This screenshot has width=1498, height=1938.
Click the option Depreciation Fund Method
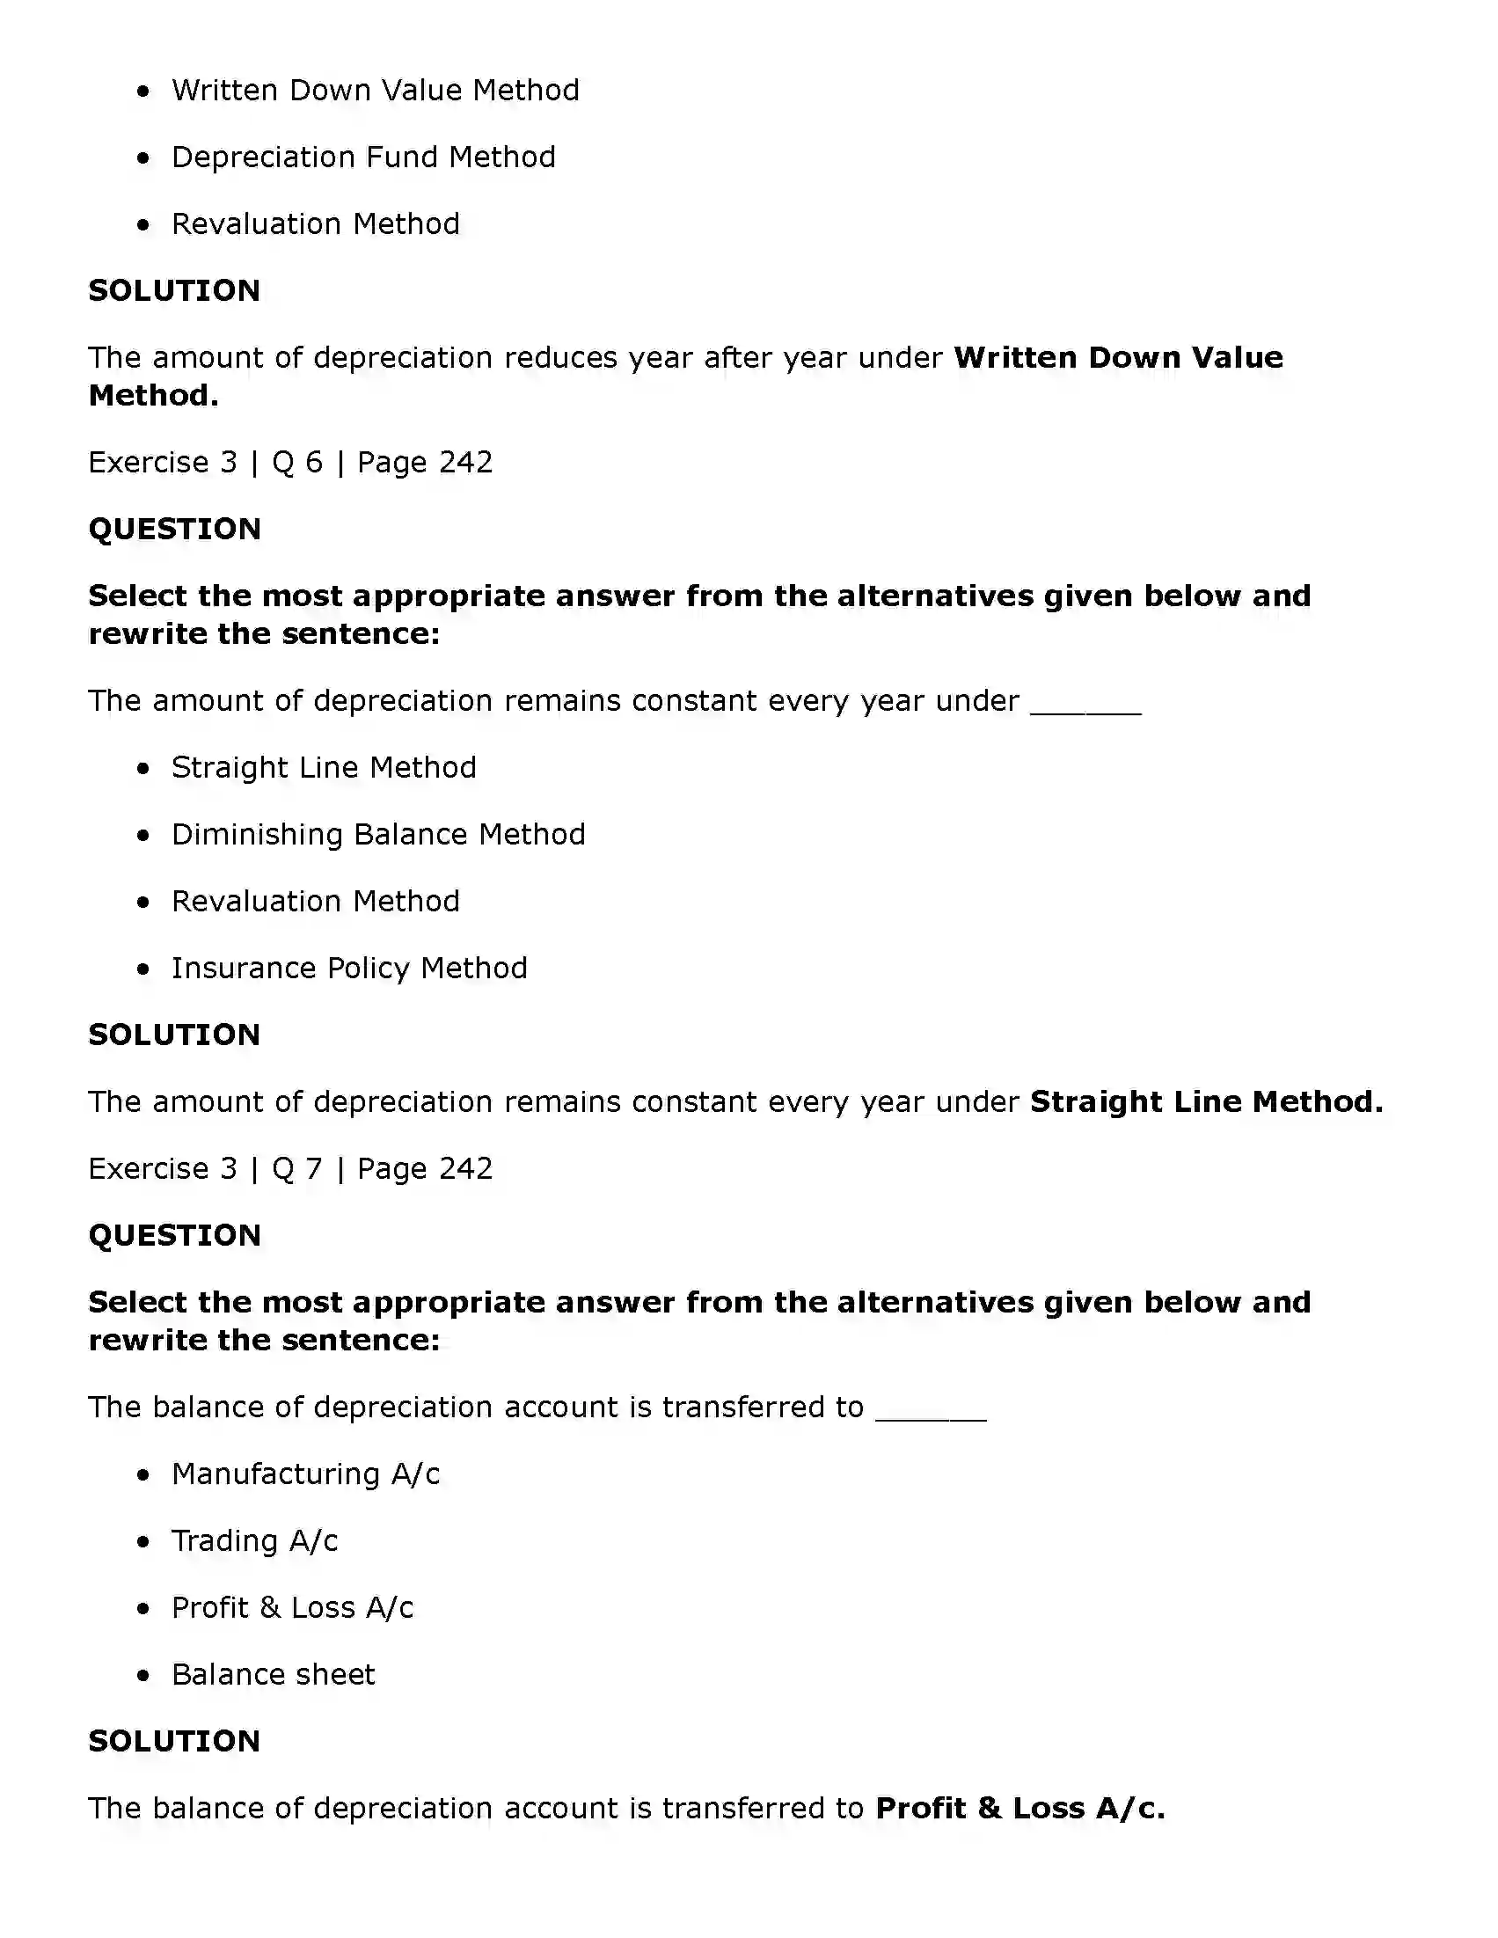coord(363,157)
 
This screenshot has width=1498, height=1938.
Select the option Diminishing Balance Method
coord(378,834)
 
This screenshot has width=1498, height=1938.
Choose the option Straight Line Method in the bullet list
coord(323,768)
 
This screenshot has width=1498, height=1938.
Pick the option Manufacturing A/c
coord(305,1474)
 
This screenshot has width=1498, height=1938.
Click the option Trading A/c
coord(254,1541)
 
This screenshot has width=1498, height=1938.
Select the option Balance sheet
coord(273,1674)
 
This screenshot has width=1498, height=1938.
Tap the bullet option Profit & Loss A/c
coord(292,1608)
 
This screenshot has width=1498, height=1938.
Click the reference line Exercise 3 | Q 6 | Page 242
coord(290,463)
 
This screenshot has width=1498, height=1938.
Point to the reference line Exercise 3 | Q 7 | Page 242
coord(290,1168)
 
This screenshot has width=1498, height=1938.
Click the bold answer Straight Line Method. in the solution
coord(1205,1102)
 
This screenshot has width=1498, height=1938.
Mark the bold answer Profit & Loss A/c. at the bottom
coord(1019,1809)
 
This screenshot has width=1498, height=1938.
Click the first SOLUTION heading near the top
coord(174,291)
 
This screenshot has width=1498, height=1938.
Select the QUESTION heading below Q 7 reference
coord(174,1235)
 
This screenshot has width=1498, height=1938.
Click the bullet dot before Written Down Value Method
coord(143,91)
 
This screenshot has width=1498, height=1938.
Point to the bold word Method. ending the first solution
coord(154,396)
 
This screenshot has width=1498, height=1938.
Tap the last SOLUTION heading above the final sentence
coord(174,1741)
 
